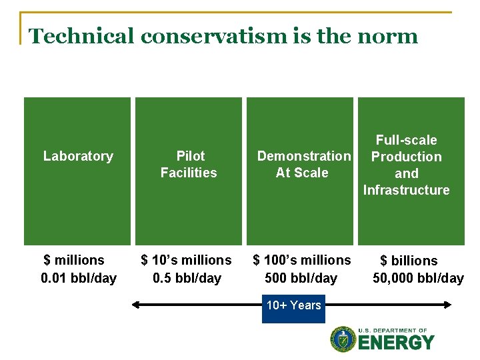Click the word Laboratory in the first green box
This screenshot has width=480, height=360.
[78, 156]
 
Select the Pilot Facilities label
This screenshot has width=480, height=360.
[189, 164]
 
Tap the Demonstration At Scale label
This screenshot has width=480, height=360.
[303, 164]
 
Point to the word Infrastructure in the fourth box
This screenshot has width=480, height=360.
[406, 190]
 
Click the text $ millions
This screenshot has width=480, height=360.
[74, 260]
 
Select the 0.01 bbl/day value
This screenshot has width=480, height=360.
[79, 278]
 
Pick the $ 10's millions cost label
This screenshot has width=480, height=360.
[186, 260]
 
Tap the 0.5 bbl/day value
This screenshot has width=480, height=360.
[187, 278]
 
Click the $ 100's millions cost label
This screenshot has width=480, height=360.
[301, 260]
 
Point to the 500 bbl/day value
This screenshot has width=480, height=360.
[301, 278]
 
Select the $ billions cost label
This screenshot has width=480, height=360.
[409, 261]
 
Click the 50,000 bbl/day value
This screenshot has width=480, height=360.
[418, 278]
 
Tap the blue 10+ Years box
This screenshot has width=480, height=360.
[293, 307]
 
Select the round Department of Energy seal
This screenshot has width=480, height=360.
[343, 339]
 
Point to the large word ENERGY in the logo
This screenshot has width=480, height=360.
[396, 343]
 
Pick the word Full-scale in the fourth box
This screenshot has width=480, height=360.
[406, 140]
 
